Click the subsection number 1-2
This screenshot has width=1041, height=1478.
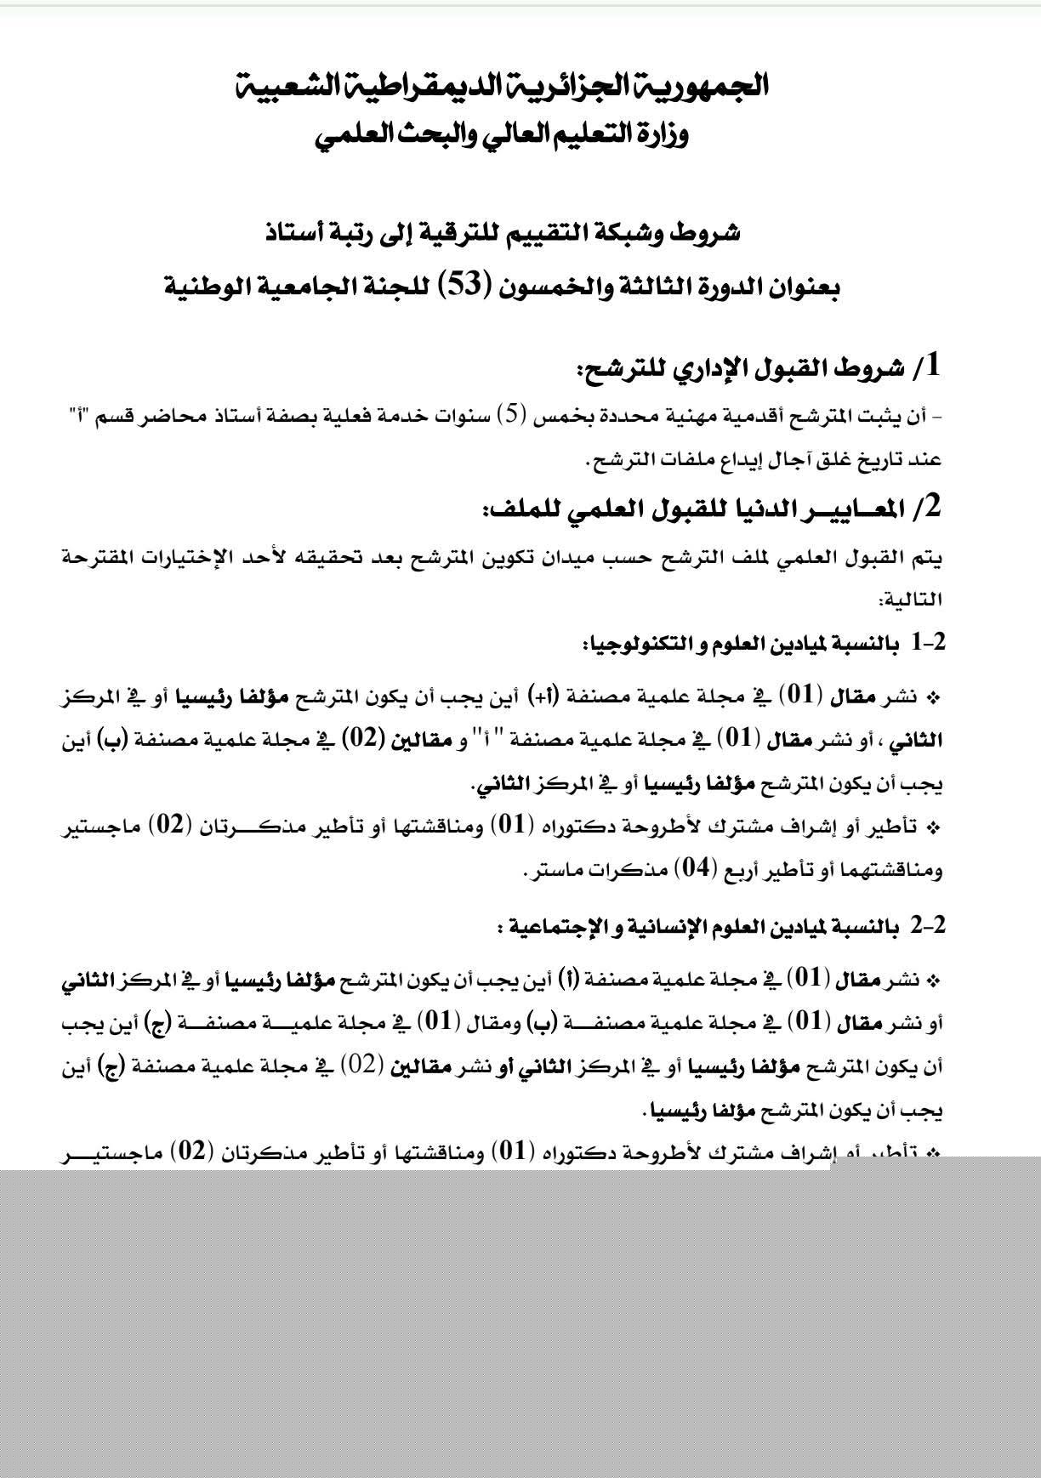point(928,643)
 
